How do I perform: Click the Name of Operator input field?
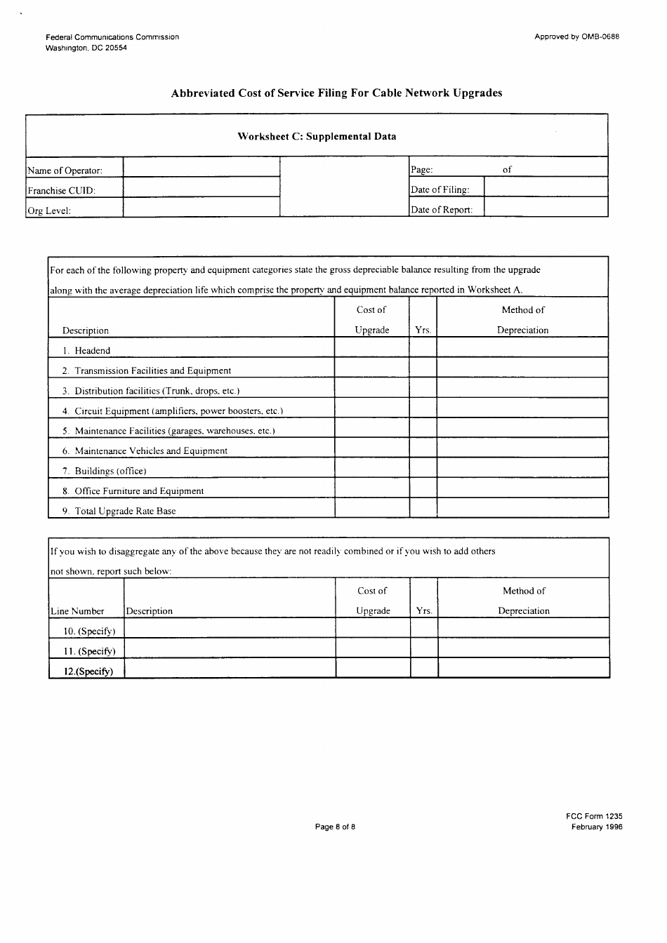point(201,167)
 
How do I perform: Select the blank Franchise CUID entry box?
point(201,187)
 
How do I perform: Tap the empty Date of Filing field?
point(546,187)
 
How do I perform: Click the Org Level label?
point(49,210)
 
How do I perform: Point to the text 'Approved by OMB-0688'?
point(576,36)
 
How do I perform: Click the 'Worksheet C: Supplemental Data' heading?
point(317,136)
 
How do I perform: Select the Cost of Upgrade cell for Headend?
point(371,348)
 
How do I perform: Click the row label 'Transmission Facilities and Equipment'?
point(152,370)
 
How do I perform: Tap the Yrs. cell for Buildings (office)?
point(423,469)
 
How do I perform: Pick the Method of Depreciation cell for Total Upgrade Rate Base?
point(522,509)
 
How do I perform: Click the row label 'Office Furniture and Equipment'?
point(139,491)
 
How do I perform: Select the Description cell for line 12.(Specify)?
point(230,668)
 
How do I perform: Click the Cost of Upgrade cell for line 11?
point(372,648)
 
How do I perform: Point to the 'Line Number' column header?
point(77,611)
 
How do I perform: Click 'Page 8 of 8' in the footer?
point(335,827)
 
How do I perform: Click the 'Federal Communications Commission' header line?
point(112,36)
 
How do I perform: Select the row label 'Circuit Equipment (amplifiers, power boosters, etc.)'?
point(178,411)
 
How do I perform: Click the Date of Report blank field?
point(546,207)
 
